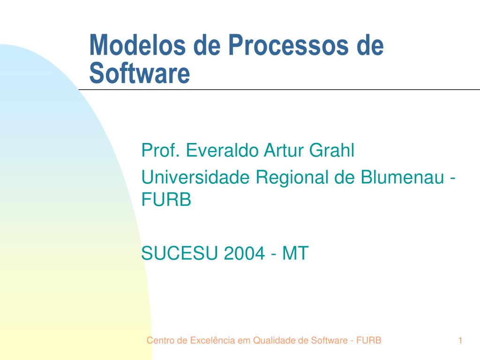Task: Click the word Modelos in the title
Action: coord(137,45)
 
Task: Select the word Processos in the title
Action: coord(288,45)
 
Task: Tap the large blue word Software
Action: coord(140,73)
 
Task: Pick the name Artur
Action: coord(284,150)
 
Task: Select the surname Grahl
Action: coord(331,150)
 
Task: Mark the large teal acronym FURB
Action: coord(166,199)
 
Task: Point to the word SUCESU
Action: coord(180,253)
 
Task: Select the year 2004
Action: coord(244,253)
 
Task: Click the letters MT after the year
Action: coord(295,253)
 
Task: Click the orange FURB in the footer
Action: coord(368,340)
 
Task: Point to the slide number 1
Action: coord(460,340)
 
